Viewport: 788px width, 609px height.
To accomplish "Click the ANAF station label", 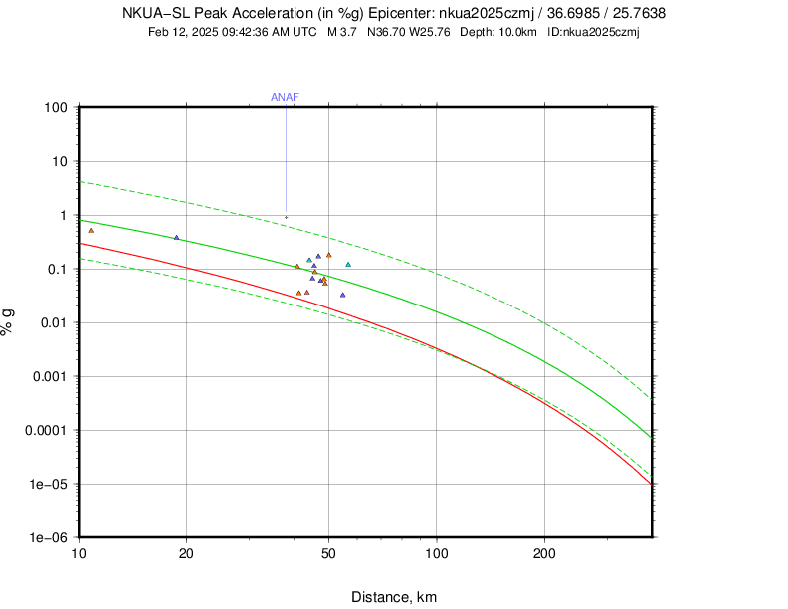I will [285, 97].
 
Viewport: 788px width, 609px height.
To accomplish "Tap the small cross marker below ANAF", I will [286, 217].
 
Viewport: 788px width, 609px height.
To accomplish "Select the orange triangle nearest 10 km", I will [91, 230].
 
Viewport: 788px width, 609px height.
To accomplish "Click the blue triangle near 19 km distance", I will [177, 237].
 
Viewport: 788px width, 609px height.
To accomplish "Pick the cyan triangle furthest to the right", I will [348, 264].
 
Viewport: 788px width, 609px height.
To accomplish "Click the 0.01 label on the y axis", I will [52, 322].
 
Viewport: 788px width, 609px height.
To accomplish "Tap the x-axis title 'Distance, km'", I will [394, 597].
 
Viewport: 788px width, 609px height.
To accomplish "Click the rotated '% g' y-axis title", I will [9, 321].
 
